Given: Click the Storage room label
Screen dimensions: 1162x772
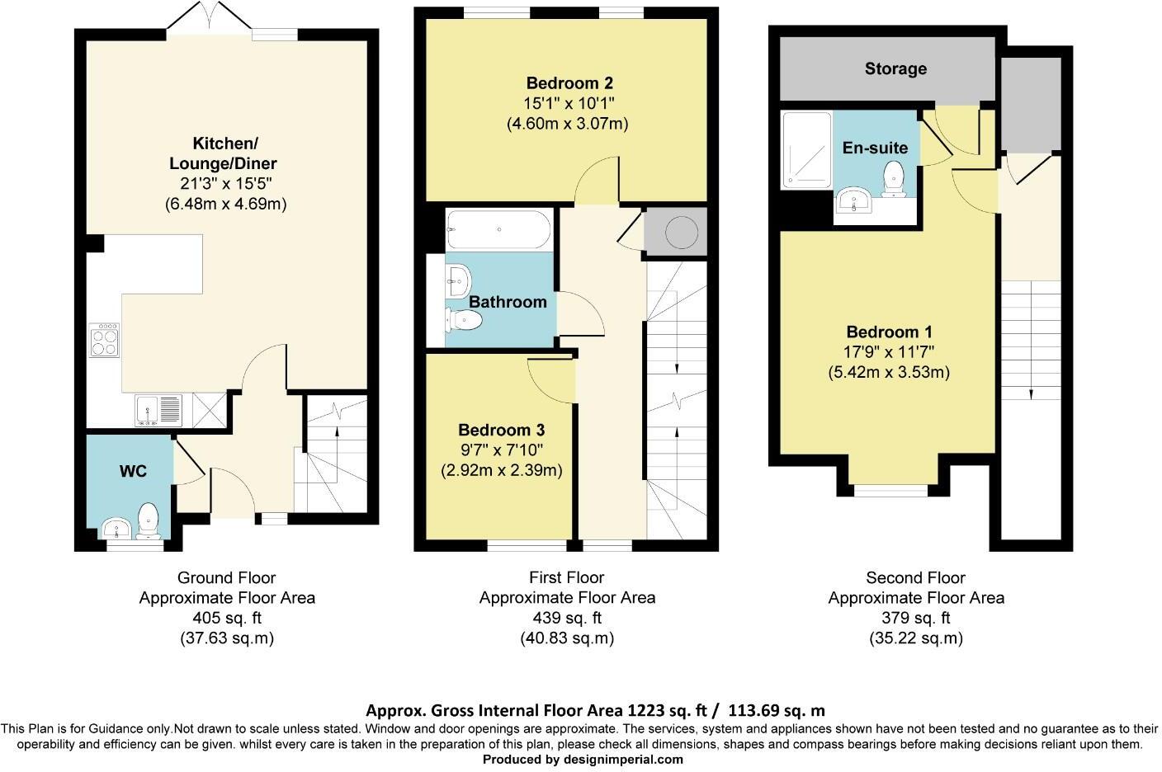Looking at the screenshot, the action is click(x=895, y=69).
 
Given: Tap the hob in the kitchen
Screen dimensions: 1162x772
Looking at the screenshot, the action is click(x=104, y=340).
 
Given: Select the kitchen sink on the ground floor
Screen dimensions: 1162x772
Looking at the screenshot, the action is click(x=158, y=410).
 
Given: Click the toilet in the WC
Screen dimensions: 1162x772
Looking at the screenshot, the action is click(x=149, y=520).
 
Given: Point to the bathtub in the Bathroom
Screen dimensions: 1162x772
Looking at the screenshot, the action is click(x=498, y=229).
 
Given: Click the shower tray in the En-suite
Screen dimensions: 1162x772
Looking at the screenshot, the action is click(x=806, y=150).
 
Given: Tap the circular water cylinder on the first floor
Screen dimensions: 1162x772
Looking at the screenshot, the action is click(x=682, y=233).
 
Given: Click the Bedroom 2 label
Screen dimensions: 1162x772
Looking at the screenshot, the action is click(x=569, y=83).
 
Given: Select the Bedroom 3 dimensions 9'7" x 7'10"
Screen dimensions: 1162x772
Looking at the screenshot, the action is click(x=501, y=450).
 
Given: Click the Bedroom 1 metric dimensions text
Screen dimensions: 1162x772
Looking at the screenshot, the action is click(x=889, y=372).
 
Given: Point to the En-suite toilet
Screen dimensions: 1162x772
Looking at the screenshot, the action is click(x=893, y=179).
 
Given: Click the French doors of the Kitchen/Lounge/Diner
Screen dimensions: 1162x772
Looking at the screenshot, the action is click(x=209, y=17).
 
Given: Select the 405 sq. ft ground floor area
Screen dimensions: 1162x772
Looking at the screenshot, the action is click(x=227, y=618).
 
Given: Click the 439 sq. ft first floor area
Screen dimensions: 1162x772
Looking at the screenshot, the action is click(x=567, y=618).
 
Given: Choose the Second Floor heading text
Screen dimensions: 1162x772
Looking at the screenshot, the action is click(x=915, y=577).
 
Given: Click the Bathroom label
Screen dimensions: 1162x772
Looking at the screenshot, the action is click(x=508, y=302).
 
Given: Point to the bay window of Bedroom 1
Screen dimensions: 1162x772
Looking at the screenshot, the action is click(x=890, y=490).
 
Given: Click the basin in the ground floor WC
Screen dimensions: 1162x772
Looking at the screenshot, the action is click(x=116, y=529).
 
